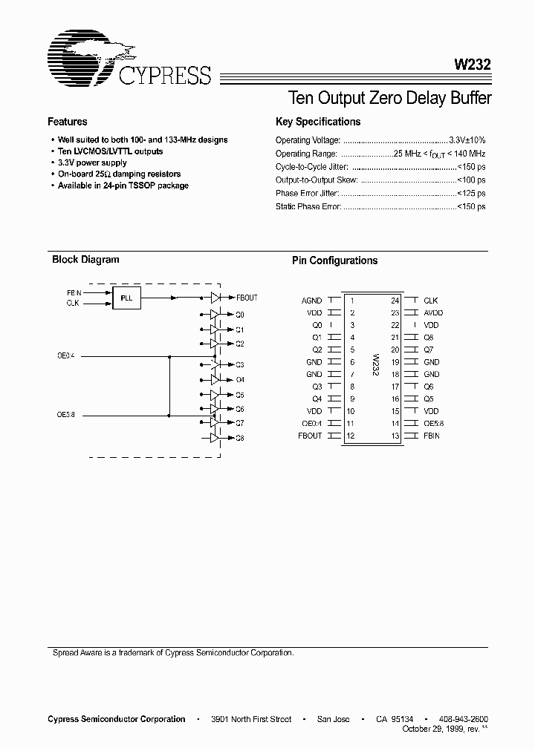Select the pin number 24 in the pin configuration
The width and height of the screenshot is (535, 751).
(395, 301)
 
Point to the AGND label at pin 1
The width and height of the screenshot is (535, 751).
(312, 301)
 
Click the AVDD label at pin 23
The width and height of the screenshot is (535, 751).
(433, 313)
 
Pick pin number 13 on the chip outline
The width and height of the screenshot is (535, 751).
(395, 436)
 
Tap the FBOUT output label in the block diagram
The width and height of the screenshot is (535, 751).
(247, 298)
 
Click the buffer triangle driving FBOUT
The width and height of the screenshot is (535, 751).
(215, 298)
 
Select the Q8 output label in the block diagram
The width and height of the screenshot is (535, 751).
(240, 439)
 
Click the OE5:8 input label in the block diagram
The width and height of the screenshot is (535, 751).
(66, 415)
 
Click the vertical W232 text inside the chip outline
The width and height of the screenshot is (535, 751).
(375, 366)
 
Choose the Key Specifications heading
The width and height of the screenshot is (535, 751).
(318, 122)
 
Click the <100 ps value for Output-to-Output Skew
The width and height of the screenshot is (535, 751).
(471, 180)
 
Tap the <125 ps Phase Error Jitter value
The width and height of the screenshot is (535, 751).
(471, 194)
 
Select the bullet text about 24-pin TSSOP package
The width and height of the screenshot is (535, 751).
(123, 186)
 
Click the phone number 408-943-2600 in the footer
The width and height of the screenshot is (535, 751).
(463, 719)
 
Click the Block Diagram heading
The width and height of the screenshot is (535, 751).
(85, 260)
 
